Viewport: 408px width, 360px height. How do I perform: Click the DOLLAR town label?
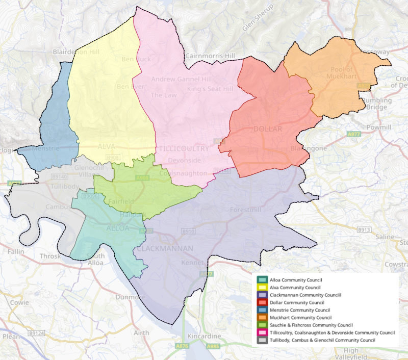(x=267, y=129)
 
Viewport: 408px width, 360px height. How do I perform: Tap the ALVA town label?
(x=106, y=147)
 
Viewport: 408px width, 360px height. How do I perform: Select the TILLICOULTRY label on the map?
(x=184, y=148)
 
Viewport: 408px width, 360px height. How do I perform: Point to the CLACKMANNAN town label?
(x=165, y=249)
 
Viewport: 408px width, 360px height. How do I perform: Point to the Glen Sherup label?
(x=258, y=17)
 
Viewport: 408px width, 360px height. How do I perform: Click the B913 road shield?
(x=364, y=229)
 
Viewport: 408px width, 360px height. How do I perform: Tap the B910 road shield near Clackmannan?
(x=189, y=231)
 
